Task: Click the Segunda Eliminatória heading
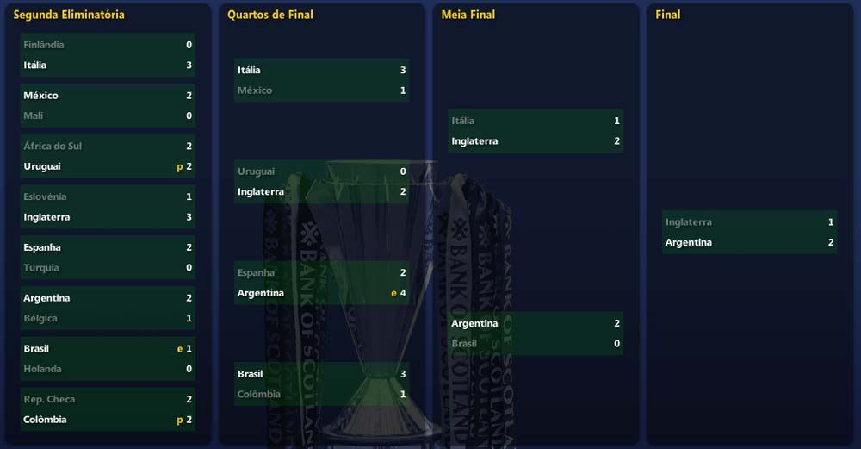click(x=69, y=15)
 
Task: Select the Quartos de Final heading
click(x=270, y=15)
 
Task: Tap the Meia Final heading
click(x=468, y=15)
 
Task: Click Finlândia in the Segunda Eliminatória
click(x=44, y=45)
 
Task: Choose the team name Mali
click(x=34, y=115)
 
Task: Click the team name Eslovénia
click(x=45, y=197)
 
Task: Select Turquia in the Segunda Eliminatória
click(x=41, y=268)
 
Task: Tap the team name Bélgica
click(x=40, y=319)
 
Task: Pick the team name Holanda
click(x=43, y=369)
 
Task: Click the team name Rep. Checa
click(x=49, y=400)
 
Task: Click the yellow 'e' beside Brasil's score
click(x=180, y=349)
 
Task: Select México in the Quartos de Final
click(x=255, y=90)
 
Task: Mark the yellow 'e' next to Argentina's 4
click(x=393, y=293)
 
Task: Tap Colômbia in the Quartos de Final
click(x=259, y=395)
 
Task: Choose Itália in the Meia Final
click(x=463, y=121)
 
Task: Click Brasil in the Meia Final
click(x=464, y=344)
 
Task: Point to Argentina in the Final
click(x=689, y=243)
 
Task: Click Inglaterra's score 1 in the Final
click(x=831, y=222)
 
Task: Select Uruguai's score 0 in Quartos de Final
click(x=403, y=171)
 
